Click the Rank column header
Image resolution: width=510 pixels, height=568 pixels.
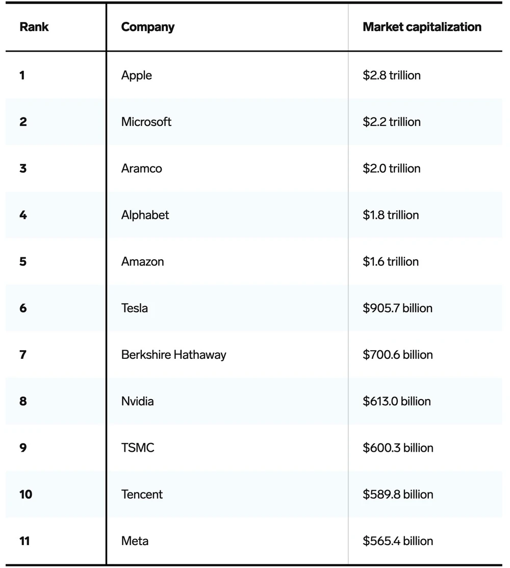click(34, 27)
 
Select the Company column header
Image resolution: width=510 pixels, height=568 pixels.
click(148, 27)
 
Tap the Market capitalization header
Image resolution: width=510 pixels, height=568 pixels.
click(422, 27)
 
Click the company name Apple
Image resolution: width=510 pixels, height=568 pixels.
click(137, 76)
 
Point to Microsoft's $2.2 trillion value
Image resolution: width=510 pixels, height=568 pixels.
click(392, 122)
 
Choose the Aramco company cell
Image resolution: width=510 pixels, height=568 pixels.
click(142, 168)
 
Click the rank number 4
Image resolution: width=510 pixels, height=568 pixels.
click(23, 215)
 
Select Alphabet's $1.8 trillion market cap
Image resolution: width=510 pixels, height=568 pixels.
click(391, 215)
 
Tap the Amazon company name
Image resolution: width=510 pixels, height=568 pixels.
click(143, 262)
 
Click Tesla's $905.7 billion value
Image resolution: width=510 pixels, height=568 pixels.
click(397, 308)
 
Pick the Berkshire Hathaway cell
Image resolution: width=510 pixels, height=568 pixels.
click(174, 355)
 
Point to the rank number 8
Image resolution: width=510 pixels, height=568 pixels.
click(23, 401)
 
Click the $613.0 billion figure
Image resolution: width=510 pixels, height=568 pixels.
click(397, 401)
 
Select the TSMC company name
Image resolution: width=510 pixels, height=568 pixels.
click(138, 448)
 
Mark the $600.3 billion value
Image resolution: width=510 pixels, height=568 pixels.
click(398, 448)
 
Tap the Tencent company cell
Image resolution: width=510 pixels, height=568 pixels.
click(142, 495)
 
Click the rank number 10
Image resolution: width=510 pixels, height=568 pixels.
click(25, 495)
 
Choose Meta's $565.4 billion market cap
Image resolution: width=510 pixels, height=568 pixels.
click(398, 541)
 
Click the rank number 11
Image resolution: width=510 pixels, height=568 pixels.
click(24, 541)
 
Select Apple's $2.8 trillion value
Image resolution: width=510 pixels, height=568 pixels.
click(392, 76)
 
